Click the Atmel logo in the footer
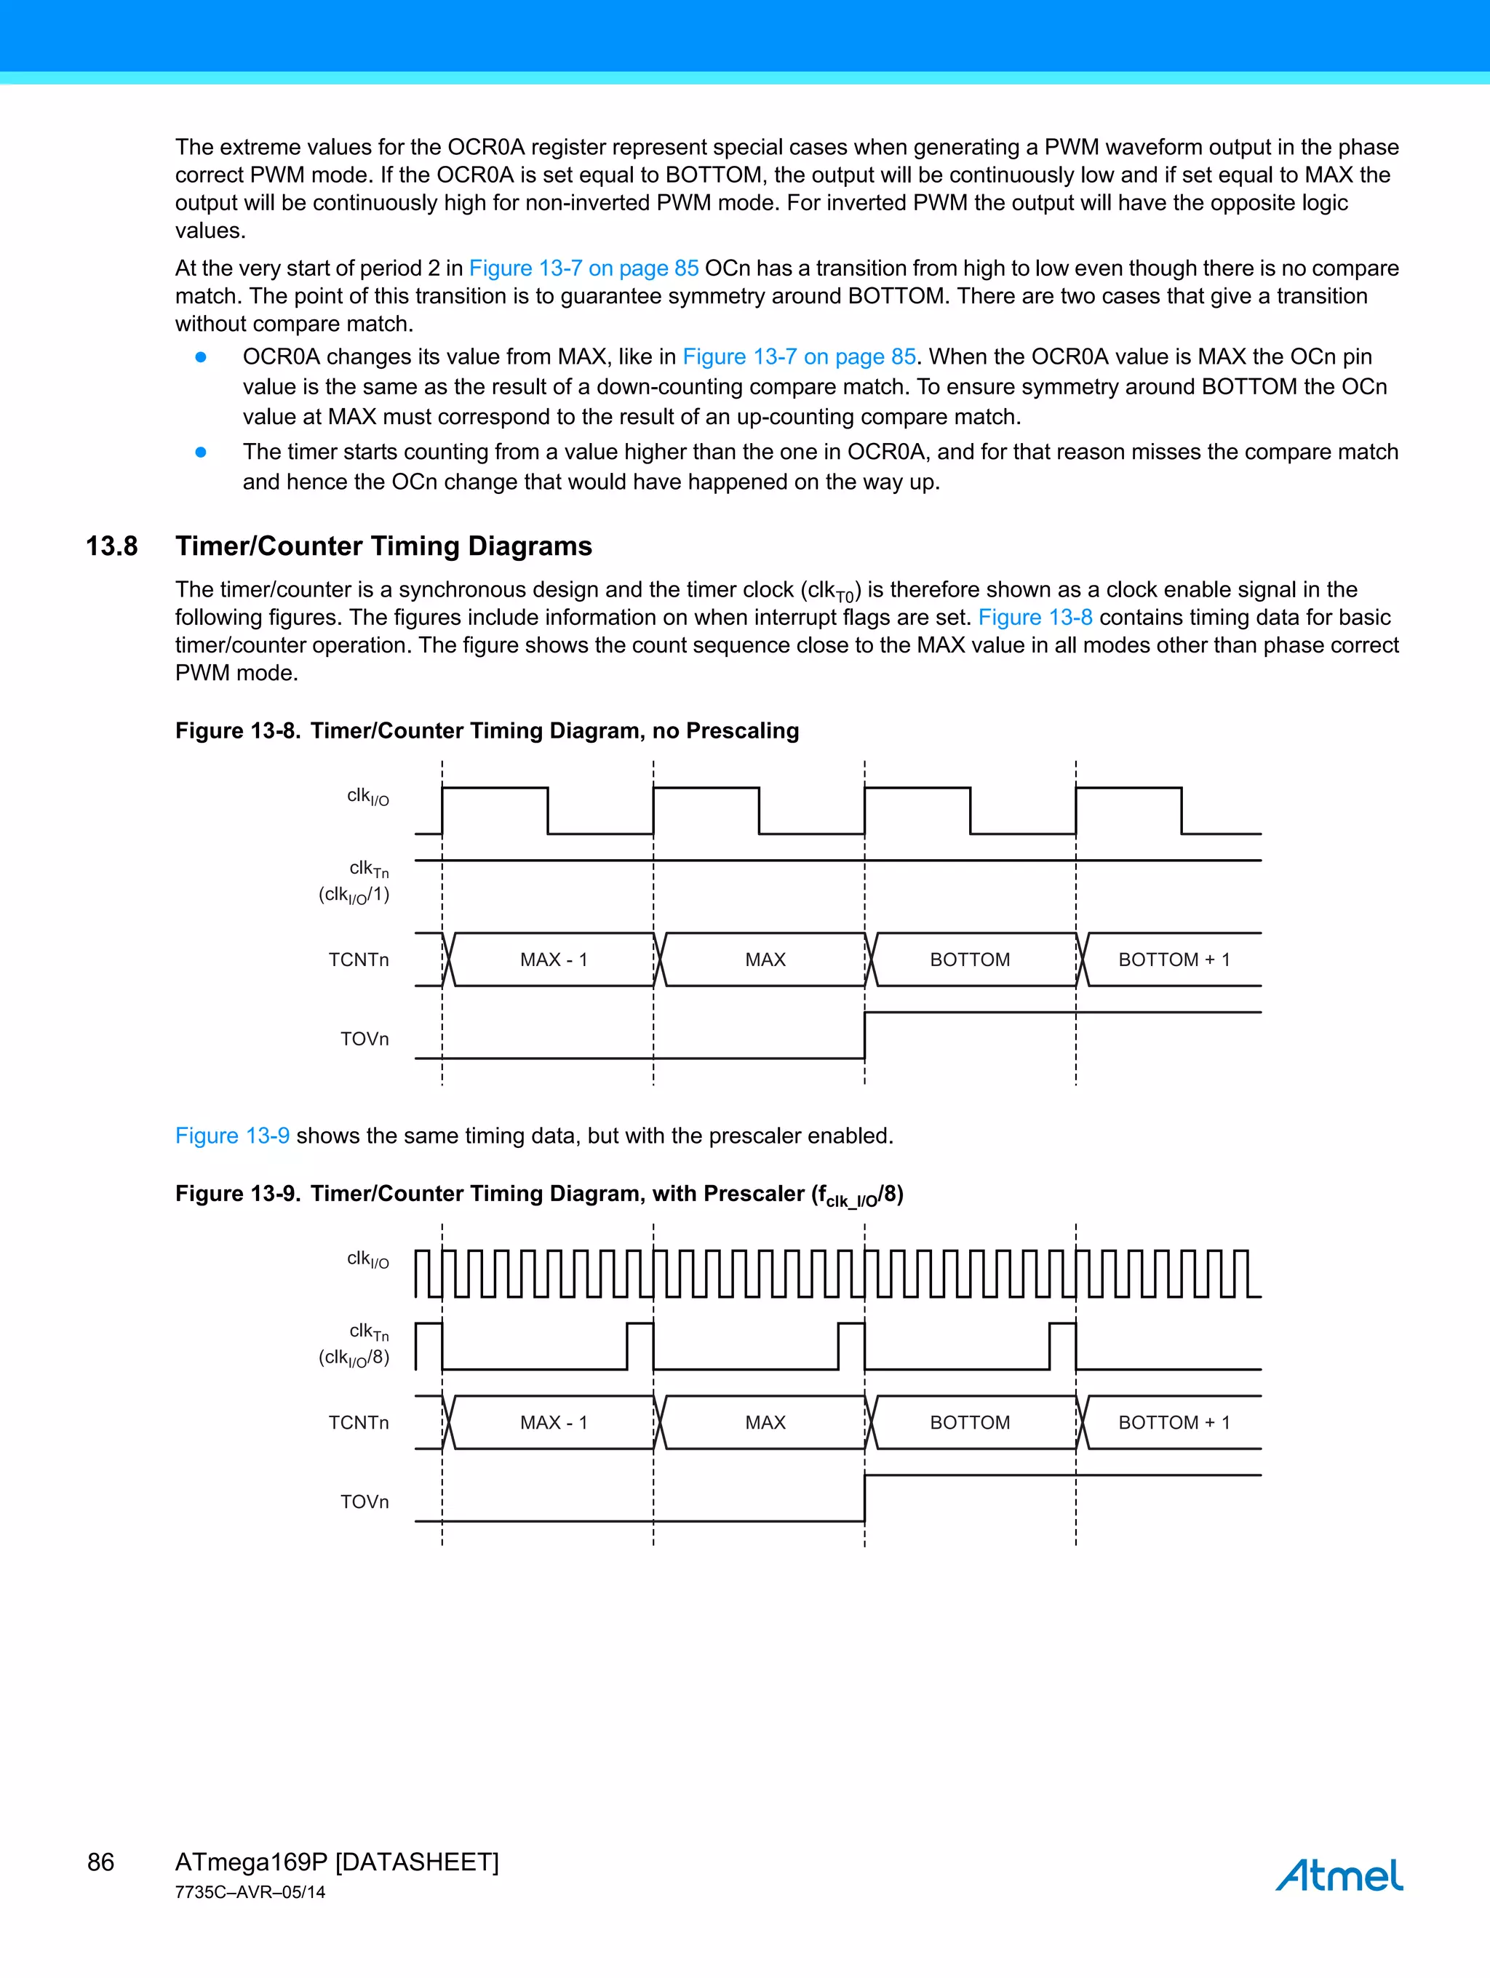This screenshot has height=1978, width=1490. click(x=1338, y=1874)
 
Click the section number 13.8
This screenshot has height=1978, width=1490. click(x=112, y=546)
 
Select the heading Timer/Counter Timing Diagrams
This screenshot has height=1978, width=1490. click(x=383, y=546)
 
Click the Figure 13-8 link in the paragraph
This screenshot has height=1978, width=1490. click(x=1035, y=617)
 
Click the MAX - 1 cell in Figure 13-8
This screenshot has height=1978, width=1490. click(x=554, y=960)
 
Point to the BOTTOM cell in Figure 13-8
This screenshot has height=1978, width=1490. click(x=970, y=960)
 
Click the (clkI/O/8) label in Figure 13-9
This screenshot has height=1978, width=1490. click(x=354, y=1357)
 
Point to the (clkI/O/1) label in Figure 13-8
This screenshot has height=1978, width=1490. click(x=354, y=894)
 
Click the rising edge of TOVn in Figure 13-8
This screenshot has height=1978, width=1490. click(x=865, y=1035)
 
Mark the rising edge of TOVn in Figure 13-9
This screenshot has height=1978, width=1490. click(x=865, y=1498)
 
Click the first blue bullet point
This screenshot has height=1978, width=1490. click(x=202, y=356)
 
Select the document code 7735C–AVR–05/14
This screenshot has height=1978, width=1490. click(x=250, y=1892)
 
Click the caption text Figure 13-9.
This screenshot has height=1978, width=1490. click(x=237, y=1194)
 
